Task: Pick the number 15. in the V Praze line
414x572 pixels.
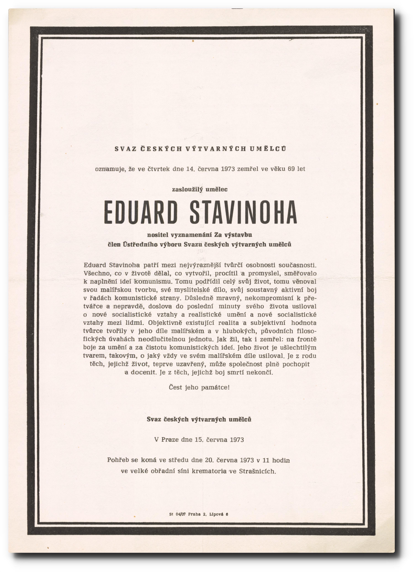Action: [x=199, y=440]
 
